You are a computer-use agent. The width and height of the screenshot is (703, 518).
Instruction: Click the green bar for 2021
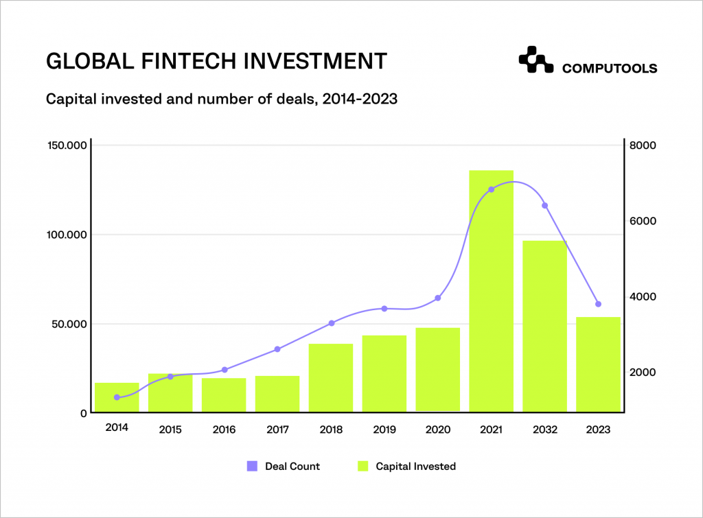491,292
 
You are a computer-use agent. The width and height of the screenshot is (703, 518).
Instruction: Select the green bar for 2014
117,397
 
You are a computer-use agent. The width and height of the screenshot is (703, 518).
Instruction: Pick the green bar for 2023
598,364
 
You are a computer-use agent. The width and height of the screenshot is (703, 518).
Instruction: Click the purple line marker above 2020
438,298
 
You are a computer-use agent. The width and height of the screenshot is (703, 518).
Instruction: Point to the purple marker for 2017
277,349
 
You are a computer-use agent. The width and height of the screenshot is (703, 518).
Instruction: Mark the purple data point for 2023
598,304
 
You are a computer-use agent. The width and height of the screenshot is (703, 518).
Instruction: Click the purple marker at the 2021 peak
491,189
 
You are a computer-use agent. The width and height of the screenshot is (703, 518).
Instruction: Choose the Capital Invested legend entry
407,467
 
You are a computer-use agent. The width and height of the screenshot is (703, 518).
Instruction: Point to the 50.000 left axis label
69,324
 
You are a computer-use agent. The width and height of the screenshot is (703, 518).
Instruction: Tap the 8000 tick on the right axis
645,145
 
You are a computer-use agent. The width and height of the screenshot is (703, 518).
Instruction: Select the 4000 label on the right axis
645,296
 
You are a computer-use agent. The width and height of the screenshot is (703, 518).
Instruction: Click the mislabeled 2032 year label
544,430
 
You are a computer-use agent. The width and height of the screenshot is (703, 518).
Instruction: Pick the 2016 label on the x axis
224,430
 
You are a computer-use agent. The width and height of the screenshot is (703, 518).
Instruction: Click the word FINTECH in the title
178,61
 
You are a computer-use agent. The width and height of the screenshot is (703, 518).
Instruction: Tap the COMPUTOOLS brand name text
609,69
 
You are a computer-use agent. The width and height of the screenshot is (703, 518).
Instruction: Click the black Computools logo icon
535,60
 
